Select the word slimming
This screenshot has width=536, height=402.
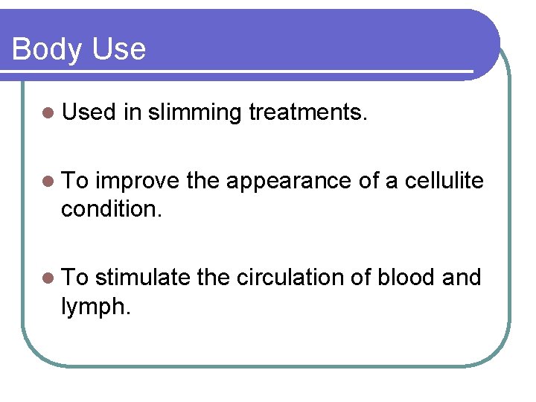pyautogui.click(x=194, y=113)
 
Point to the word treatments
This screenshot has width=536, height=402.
pyautogui.click(x=308, y=112)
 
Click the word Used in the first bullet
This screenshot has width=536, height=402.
pyautogui.click(x=89, y=112)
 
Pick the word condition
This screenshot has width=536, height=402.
pyautogui.click(x=110, y=209)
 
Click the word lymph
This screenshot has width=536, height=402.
pyautogui.click(x=96, y=306)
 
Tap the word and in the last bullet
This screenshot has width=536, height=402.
pyautogui.click(x=462, y=278)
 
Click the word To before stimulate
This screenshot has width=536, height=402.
pyautogui.click(x=75, y=278)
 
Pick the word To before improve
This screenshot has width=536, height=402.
pyautogui.click(x=75, y=181)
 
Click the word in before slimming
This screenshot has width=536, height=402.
pyautogui.click(x=132, y=112)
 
